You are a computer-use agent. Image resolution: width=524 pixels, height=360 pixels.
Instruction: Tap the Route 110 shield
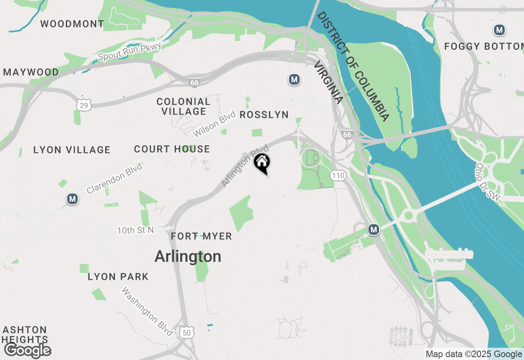[338, 176]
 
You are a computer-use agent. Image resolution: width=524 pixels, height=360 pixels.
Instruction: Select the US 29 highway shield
[84, 106]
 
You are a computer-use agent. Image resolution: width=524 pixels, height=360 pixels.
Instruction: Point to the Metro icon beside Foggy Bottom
[499, 30]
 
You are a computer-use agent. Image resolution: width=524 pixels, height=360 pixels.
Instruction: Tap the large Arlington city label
[188, 256]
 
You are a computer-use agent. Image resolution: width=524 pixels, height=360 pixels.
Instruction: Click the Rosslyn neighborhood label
[264, 115]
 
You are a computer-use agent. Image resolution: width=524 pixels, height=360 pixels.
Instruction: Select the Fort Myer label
[201, 236]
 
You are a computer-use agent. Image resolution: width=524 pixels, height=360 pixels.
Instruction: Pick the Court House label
[172, 149]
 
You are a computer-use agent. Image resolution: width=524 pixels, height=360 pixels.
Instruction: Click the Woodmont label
[72, 24]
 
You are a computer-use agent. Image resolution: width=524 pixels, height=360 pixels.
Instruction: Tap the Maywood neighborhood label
[31, 72]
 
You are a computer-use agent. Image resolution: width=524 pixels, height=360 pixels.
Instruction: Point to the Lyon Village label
[72, 150]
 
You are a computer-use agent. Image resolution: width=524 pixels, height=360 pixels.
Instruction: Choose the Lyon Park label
[118, 277]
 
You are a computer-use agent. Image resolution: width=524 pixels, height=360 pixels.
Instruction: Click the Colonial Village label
[183, 106]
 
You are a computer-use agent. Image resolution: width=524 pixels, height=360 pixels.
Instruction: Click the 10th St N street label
[136, 231]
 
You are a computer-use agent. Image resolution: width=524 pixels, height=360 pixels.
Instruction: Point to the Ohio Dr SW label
[488, 182]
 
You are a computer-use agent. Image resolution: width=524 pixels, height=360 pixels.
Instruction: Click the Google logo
[28, 350]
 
